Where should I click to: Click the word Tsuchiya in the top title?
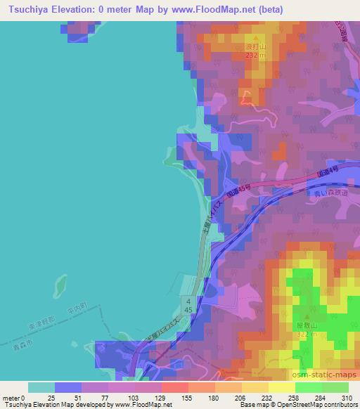tap(26, 9)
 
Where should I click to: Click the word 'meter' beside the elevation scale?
tap(11, 398)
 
